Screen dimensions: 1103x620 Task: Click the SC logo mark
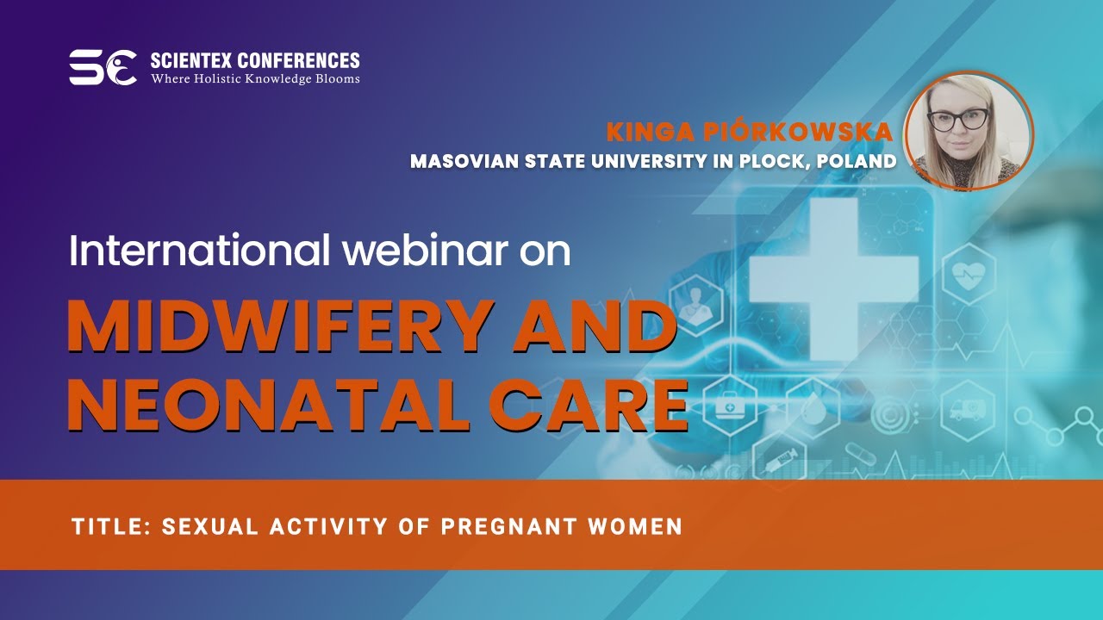(x=103, y=67)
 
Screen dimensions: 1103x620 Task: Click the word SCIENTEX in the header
(x=191, y=60)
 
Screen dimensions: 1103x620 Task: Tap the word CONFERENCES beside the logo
(x=299, y=60)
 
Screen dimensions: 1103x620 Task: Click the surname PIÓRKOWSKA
(x=798, y=131)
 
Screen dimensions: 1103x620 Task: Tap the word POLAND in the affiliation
(x=857, y=161)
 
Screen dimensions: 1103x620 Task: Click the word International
(x=199, y=250)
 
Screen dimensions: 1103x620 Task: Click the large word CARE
(x=588, y=405)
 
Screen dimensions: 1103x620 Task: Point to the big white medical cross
(x=834, y=278)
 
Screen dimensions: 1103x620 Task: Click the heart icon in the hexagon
(x=969, y=274)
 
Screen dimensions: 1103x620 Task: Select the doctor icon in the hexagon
(x=695, y=305)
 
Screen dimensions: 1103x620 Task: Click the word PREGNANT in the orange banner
(x=508, y=526)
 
